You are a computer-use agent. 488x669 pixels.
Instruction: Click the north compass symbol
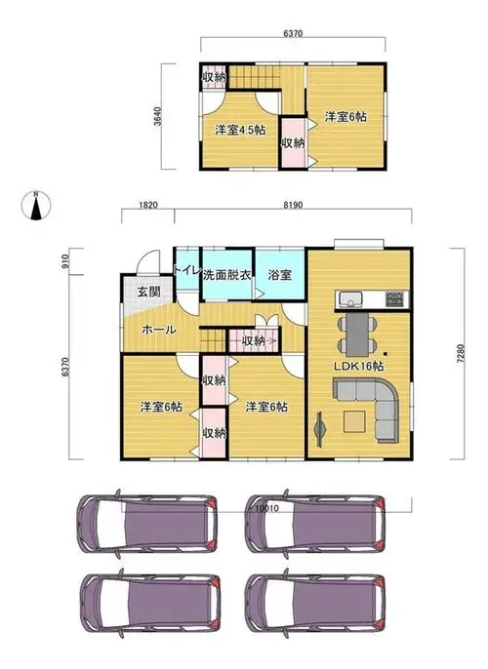[x=36, y=206]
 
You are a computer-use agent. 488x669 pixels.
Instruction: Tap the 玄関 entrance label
[x=148, y=292]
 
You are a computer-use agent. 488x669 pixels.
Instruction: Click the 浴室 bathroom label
[x=280, y=275]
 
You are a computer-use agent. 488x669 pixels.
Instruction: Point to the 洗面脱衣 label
[x=227, y=275]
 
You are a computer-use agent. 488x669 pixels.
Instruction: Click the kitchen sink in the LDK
[x=350, y=299]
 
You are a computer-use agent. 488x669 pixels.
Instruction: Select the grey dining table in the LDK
[x=357, y=334]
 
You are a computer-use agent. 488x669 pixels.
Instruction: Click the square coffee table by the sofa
[x=354, y=421]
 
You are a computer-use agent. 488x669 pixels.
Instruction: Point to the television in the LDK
[x=319, y=429]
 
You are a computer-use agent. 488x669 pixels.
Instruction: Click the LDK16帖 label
[x=358, y=366]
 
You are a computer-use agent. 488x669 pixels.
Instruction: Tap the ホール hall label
[x=158, y=330]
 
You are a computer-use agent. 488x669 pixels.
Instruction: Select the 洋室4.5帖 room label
[x=240, y=130]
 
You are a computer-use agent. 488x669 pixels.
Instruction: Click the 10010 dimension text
[x=267, y=508]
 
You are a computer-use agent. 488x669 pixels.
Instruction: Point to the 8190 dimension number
[x=293, y=205]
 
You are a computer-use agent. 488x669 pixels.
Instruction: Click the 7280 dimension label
[x=459, y=353]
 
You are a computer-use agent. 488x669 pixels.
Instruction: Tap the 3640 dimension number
[x=157, y=116]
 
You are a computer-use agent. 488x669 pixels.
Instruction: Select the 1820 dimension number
[x=148, y=205]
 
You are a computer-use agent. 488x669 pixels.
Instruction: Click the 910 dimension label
[x=65, y=261]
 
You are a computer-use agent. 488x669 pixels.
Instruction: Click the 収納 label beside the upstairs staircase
[x=214, y=78]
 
